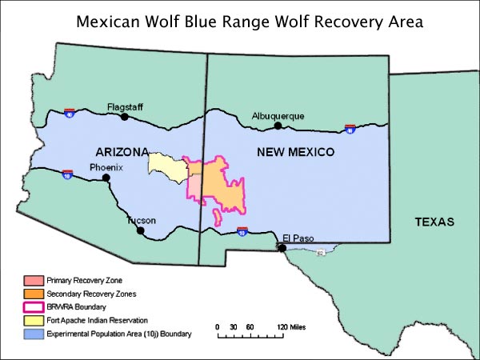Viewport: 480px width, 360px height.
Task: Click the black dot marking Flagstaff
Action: (x=124, y=116)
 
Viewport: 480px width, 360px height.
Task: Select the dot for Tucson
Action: (x=141, y=230)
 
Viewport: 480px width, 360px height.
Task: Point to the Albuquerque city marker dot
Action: (x=278, y=126)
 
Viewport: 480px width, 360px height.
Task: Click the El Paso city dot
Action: (x=282, y=247)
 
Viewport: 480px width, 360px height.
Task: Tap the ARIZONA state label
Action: (x=122, y=152)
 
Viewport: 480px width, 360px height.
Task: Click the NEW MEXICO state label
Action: (x=295, y=152)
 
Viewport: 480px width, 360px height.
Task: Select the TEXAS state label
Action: (x=434, y=222)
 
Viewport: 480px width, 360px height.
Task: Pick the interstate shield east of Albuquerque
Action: (x=350, y=128)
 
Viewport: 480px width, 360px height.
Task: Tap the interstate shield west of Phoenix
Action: (x=68, y=174)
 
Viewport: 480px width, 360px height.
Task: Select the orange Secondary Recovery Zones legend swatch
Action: (x=32, y=294)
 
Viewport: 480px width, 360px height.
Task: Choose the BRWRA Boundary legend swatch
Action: (x=32, y=307)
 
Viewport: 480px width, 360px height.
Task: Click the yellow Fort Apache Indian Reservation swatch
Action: (x=32, y=320)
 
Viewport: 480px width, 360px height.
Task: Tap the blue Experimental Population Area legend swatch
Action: (x=32, y=333)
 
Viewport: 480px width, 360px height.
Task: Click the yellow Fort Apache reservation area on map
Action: (x=165, y=165)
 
